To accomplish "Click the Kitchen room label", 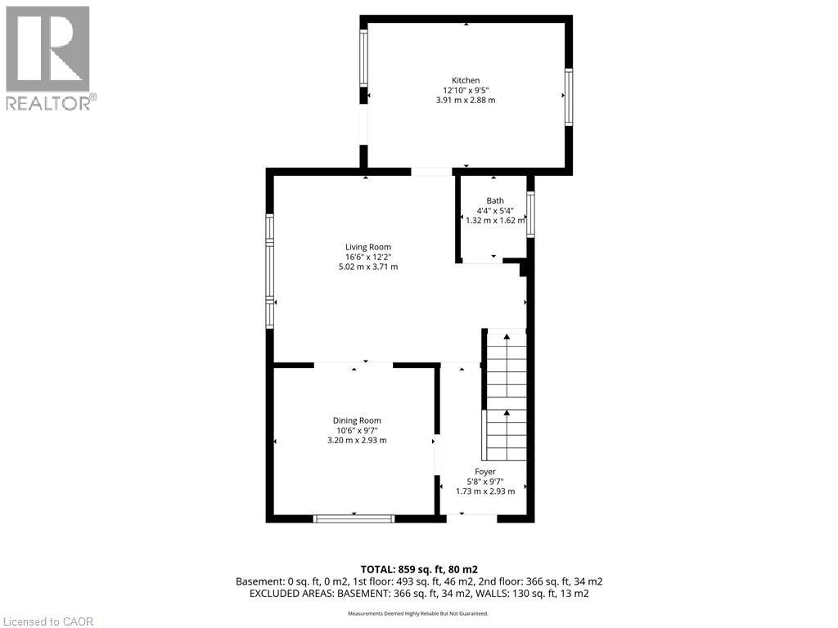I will tap(466, 80).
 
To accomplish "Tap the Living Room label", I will tap(367, 247).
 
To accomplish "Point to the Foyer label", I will tap(485, 471).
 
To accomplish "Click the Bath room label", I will tap(495, 200).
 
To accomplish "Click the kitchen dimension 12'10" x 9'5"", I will tap(466, 90).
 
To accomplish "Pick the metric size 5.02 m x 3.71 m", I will tap(367, 267).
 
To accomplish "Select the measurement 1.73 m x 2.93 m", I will tap(485, 491).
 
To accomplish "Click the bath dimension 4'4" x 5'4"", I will tap(495, 210).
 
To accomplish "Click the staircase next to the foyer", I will tap(506, 392).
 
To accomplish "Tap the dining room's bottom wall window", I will tap(354, 518).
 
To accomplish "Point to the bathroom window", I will tap(530, 214).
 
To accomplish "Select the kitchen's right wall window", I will tap(568, 97).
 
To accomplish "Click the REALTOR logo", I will tap(49, 58).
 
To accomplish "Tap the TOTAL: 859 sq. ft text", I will tap(419, 568).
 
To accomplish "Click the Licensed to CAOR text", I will tap(48, 621).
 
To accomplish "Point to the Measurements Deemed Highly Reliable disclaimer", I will tap(418, 613).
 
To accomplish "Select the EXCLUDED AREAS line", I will tap(419, 594).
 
